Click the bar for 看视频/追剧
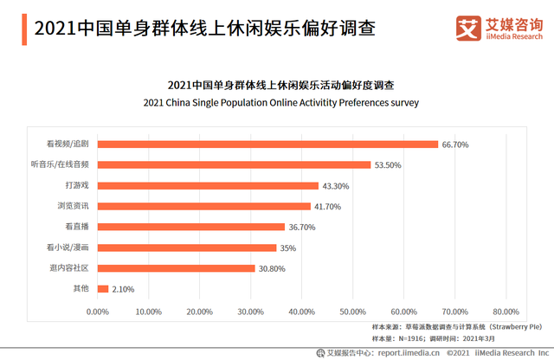coord(268,144)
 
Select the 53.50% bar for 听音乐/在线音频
coord(234,164)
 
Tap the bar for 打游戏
coord(208,185)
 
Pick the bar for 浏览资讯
coord(204,206)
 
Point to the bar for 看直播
coord(191,227)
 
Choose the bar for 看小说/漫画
coord(187,247)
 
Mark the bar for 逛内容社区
coord(177,268)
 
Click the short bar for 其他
coord(103,289)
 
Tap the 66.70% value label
coord(455,145)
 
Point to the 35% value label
coord(288,247)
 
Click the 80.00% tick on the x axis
coord(506,311)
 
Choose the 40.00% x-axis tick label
coord(302,311)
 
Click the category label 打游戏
coord(78,185)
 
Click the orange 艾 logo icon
coord(468,27)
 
